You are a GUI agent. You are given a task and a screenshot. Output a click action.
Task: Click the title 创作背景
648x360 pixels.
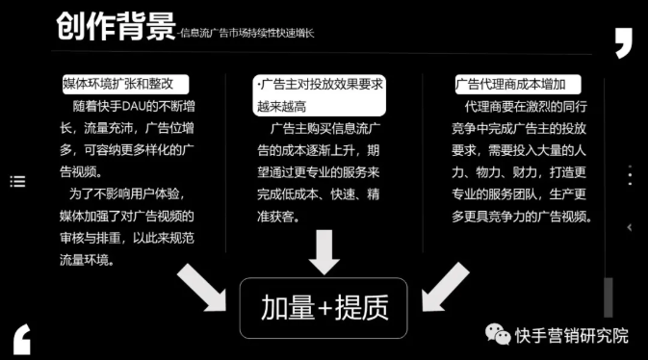coord(115,26)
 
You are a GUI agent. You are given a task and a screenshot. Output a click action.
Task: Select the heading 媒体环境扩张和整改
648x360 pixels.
coord(123,84)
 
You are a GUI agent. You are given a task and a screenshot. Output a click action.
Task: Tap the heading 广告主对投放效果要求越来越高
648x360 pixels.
coord(321,94)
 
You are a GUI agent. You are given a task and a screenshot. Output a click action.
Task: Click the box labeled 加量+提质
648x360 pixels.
coord(324,308)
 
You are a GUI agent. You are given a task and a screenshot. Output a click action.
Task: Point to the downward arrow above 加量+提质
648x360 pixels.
coord(324,252)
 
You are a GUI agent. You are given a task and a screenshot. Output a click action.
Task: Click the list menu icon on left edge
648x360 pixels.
coord(17,180)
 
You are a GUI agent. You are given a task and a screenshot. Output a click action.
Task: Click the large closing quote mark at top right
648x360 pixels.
coord(625,43)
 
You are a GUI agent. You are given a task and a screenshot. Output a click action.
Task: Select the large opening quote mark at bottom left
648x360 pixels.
coord(22,338)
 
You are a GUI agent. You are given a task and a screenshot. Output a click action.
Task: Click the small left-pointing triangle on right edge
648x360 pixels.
coord(630,227)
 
